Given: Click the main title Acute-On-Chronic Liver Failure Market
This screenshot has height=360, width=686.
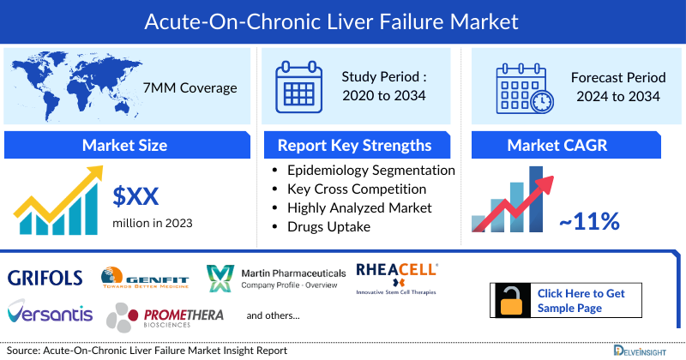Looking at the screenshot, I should pos(343,18).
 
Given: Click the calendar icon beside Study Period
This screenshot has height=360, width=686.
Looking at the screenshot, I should pos(298,87).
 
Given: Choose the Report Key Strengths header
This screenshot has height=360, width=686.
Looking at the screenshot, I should pos(354,145).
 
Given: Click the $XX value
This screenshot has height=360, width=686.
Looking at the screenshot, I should pos(136,197).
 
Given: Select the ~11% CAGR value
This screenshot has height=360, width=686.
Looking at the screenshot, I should pos(590,221).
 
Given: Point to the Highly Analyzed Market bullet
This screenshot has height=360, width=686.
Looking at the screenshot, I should pos(359,208).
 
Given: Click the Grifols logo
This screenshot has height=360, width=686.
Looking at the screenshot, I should pos(45,277).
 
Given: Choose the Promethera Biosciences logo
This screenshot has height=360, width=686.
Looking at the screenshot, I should pos(165,318).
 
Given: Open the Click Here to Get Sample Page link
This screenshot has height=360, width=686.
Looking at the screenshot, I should pos(581,300).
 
